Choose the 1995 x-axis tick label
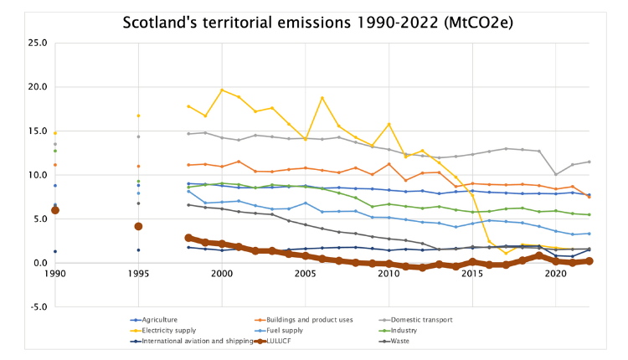pos(138,274)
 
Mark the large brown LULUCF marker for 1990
pos(55,210)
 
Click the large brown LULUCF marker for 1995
pos(138,226)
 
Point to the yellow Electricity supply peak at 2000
pos(222,90)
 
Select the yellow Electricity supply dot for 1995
pos(138,116)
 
